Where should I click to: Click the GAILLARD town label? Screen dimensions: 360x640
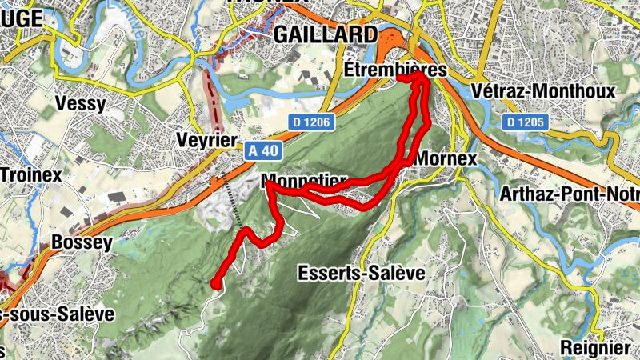point(325,34)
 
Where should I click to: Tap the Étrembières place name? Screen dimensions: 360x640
point(395,71)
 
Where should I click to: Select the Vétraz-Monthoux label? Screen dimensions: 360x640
point(543,91)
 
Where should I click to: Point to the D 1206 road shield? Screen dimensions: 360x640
point(311,122)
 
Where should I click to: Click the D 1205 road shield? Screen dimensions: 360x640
point(526,122)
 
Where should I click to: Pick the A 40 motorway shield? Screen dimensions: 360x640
point(262,150)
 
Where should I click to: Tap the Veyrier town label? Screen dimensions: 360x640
point(206,141)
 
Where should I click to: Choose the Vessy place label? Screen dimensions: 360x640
point(82,103)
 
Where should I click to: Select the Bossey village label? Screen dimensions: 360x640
point(80,242)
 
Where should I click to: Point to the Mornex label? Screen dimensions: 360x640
point(446,158)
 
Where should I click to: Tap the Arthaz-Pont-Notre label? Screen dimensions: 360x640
point(569,194)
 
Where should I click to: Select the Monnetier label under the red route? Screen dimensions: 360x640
point(303,179)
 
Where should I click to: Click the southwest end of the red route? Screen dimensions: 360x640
point(214,282)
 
